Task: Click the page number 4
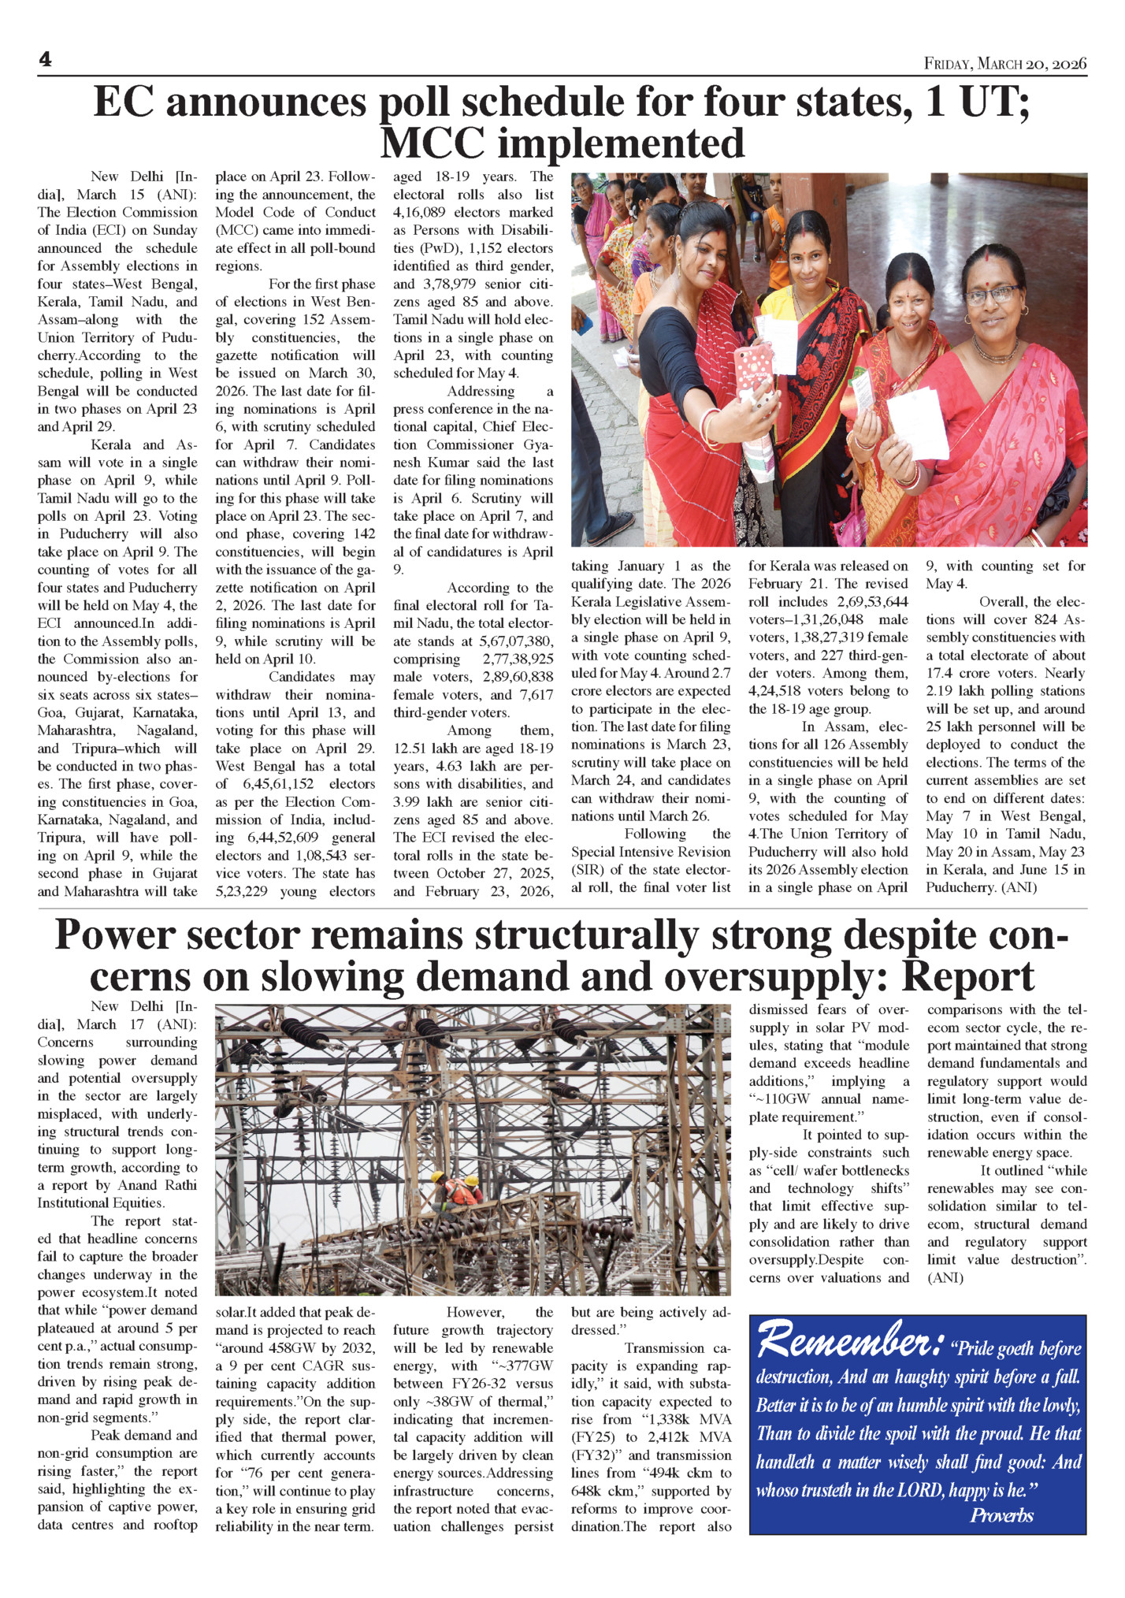[45, 60]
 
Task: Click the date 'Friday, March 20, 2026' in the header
[1005, 63]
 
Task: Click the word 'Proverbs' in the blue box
[1001, 1515]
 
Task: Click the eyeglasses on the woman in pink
[991, 295]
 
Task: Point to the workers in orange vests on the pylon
[458, 1189]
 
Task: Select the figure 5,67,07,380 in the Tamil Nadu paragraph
[516, 641]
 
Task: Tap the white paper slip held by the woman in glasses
[917, 421]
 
